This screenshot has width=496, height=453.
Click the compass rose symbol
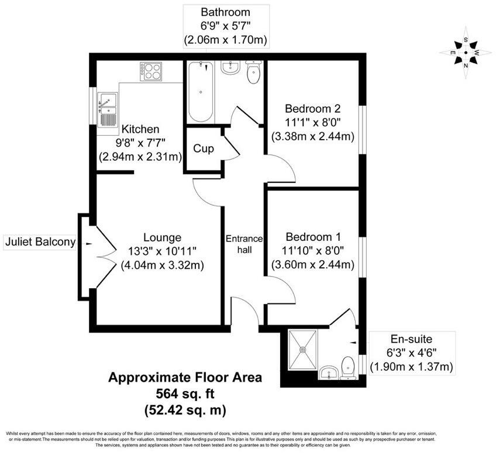[x=466, y=52]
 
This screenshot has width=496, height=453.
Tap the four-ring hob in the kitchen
[x=150, y=72]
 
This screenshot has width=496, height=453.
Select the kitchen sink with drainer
[x=108, y=108]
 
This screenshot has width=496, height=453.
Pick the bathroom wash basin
[x=230, y=68]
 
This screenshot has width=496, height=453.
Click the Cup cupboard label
[x=203, y=148]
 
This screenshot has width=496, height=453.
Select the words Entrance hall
[x=244, y=244]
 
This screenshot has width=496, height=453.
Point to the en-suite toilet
[x=348, y=367]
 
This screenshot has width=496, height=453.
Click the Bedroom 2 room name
[x=312, y=109]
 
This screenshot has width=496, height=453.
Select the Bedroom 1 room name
[x=312, y=237]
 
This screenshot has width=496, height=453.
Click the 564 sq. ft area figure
[x=185, y=393]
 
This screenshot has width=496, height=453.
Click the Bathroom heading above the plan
[x=225, y=12]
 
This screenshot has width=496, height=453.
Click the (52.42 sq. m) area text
[x=185, y=409]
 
